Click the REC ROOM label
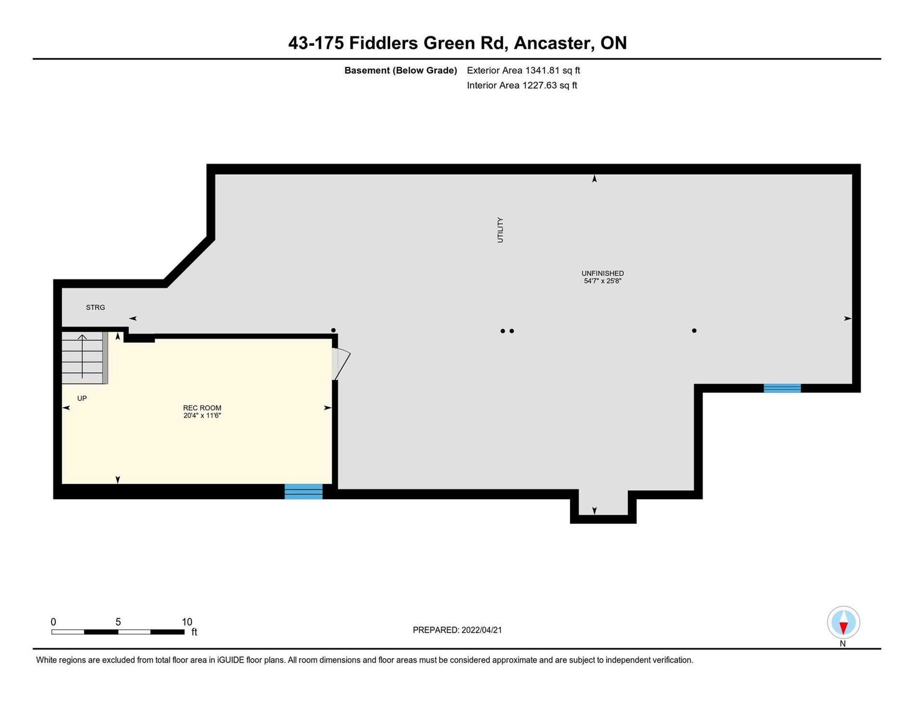point(202,407)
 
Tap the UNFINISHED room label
point(602,273)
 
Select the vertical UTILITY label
point(500,230)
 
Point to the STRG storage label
point(95,307)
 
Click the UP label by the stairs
point(82,398)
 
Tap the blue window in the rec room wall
point(303,491)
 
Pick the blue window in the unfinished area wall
point(782,388)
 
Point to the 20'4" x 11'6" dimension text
point(202,415)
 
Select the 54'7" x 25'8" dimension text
point(602,281)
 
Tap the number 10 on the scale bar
point(187,622)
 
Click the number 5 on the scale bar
point(118,622)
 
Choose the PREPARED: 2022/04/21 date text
point(457,630)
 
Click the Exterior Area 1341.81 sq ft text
point(523,70)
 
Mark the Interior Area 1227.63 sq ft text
point(522,85)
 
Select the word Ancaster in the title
point(554,43)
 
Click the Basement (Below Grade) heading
point(400,70)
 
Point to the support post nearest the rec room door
point(333,330)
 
